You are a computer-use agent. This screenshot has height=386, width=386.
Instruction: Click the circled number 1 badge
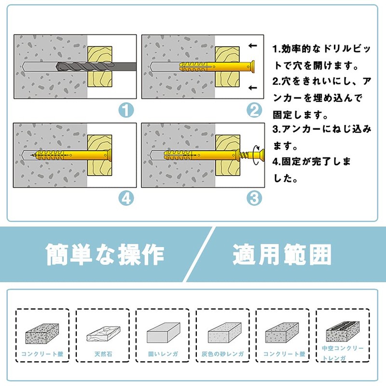coord(126,110)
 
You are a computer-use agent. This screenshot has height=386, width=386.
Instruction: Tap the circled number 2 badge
coord(254,110)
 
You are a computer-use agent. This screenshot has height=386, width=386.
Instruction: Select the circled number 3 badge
coord(254,198)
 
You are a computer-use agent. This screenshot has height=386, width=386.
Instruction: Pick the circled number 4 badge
coord(126,198)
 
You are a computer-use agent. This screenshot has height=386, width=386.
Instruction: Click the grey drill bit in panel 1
coord(96,67)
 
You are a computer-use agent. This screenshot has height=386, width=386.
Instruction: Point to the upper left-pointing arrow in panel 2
coord(252,45)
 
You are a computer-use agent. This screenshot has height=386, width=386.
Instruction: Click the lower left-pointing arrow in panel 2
coord(252,87)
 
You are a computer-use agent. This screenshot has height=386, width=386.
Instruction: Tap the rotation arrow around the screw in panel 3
coord(257,155)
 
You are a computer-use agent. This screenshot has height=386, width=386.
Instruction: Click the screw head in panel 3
coord(262,155)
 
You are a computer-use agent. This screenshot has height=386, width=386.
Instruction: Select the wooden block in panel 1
coord(100,67)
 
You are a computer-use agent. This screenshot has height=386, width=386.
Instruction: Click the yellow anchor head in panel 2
coord(251,67)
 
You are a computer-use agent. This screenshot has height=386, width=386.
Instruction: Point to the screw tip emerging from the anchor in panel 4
coord(32,155)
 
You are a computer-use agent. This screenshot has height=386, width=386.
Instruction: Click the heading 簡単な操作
coord(105,255)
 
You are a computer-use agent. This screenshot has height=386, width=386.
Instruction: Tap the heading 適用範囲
coord(282,255)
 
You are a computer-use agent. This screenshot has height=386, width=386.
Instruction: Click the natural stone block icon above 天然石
coord(103,334)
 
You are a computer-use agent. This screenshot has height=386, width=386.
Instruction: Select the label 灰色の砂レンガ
coord(222,354)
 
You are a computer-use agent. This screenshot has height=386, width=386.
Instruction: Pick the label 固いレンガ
coord(163,354)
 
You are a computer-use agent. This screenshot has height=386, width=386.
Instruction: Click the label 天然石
coord(103,354)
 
